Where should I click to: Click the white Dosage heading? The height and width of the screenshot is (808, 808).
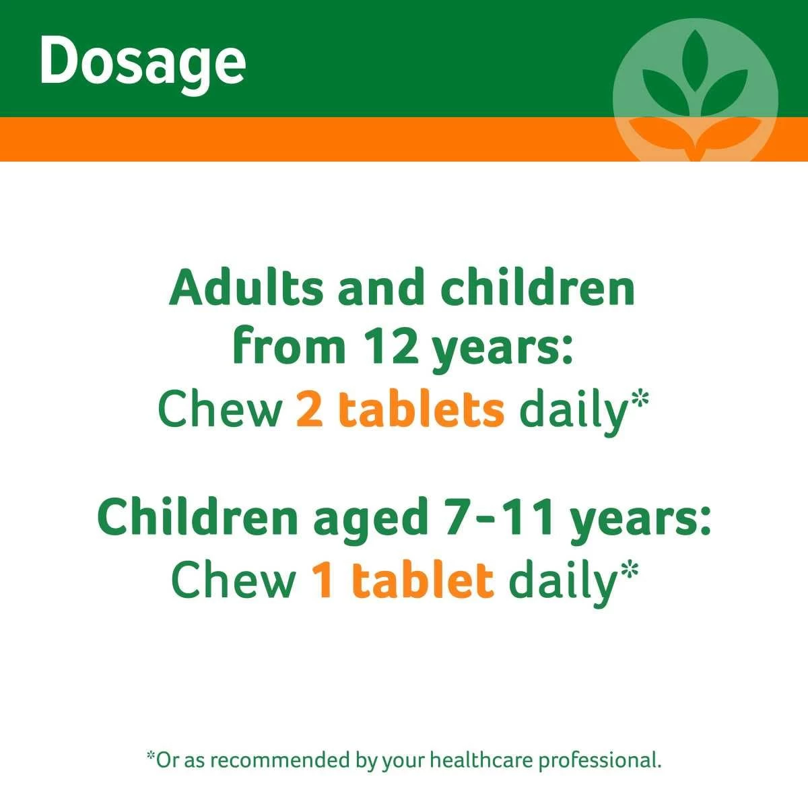tap(143, 63)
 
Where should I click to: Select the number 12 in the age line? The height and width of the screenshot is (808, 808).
tap(392, 351)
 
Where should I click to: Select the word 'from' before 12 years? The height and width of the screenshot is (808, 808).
tap(289, 351)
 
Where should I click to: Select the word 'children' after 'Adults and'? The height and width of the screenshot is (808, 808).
tap(537, 288)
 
